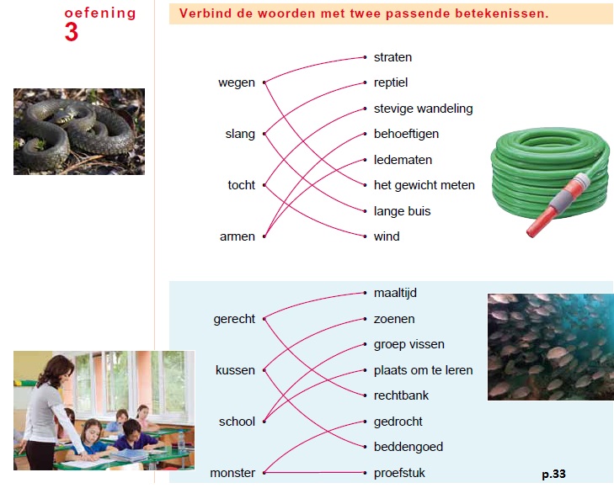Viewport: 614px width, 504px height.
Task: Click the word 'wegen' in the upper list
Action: pyautogui.click(x=237, y=83)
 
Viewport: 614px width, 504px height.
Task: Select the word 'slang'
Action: pyautogui.click(x=240, y=135)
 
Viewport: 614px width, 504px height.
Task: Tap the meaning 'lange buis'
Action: pyautogui.click(x=402, y=211)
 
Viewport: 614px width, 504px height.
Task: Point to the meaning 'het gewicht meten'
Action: pyautogui.click(x=424, y=185)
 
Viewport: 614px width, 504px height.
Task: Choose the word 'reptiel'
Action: pyautogui.click(x=391, y=82)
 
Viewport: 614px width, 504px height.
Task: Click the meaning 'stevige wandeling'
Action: pyautogui.click(x=424, y=109)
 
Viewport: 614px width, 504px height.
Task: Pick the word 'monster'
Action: pyautogui.click(x=232, y=473)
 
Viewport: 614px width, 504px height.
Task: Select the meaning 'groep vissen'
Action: pyautogui.click(x=409, y=344)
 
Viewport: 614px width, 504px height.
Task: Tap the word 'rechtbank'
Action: pyautogui.click(x=401, y=395)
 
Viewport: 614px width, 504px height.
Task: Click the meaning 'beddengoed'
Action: pyautogui.click(x=408, y=447)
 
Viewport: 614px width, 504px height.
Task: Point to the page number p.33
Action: pyautogui.click(x=553, y=475)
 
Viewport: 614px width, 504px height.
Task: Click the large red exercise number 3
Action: pyautogui.click(x=72, y=32)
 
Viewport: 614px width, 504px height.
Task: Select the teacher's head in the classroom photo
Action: pyautogui.click(x=59, y=369)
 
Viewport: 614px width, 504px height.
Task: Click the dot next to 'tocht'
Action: pyautogui.click(x=264, y=185)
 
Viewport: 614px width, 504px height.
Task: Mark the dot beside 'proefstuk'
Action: pyautogui.click(x=365, y=473)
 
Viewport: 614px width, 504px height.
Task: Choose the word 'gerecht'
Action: pyautogui.click(x=234, y=319)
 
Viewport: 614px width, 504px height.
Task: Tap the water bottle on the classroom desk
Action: pyautogui.click(x=181, y=441)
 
